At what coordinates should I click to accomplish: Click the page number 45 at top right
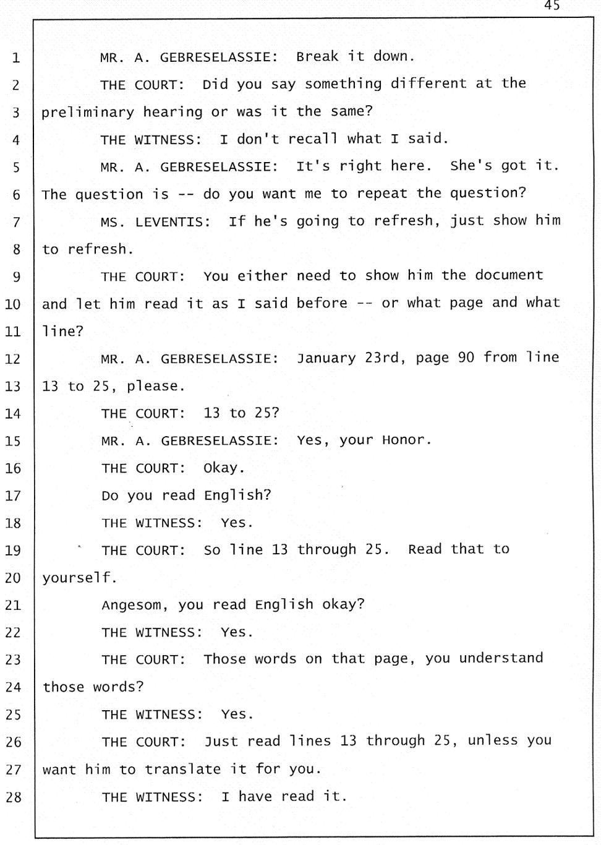pyautogui.click(x=552, y=6)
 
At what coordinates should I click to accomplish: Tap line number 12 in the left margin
pyautogui.click(x=13, y=359)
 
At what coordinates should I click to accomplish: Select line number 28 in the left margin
pyautogui.click(x=13, y=797)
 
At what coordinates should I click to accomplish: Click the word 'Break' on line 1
pyautogui.click(x=317, y=56)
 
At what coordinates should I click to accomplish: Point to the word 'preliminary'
pyautogui.click(x=88, y=112)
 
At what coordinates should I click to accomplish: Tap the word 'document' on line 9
pyautogui.click(x=509, y=275)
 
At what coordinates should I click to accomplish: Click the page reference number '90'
pyautogui.click(x=466, y=358)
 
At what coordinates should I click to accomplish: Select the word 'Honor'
pyautogui.click(x=406, y=440)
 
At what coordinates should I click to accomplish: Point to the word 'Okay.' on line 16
pyautogui.click(x=221, y=468)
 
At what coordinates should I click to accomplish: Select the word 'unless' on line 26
pyautogui.click(x=493, y=740)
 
